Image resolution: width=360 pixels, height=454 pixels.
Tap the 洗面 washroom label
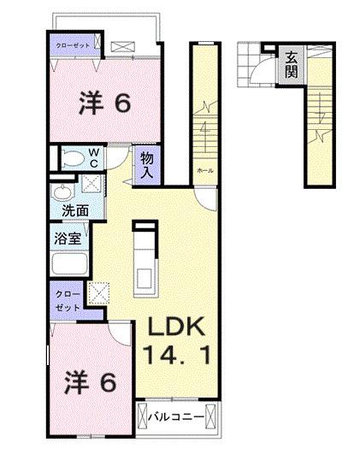tap(63, 208)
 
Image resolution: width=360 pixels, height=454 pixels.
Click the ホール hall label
tap(204, 170)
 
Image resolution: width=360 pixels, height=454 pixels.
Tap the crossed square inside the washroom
tap(87, 183)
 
